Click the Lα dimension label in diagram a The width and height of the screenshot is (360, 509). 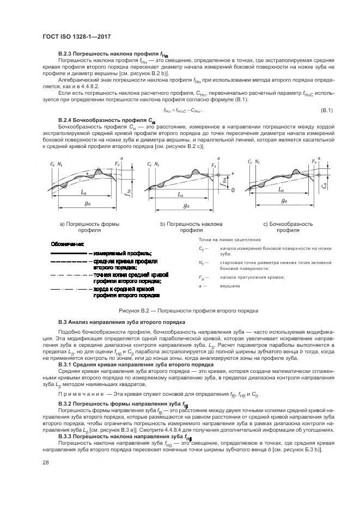[x=82, y=193]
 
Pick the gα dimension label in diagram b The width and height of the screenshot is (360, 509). [x=186, y=206]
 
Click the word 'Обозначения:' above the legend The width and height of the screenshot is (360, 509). [x=67, y=243]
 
